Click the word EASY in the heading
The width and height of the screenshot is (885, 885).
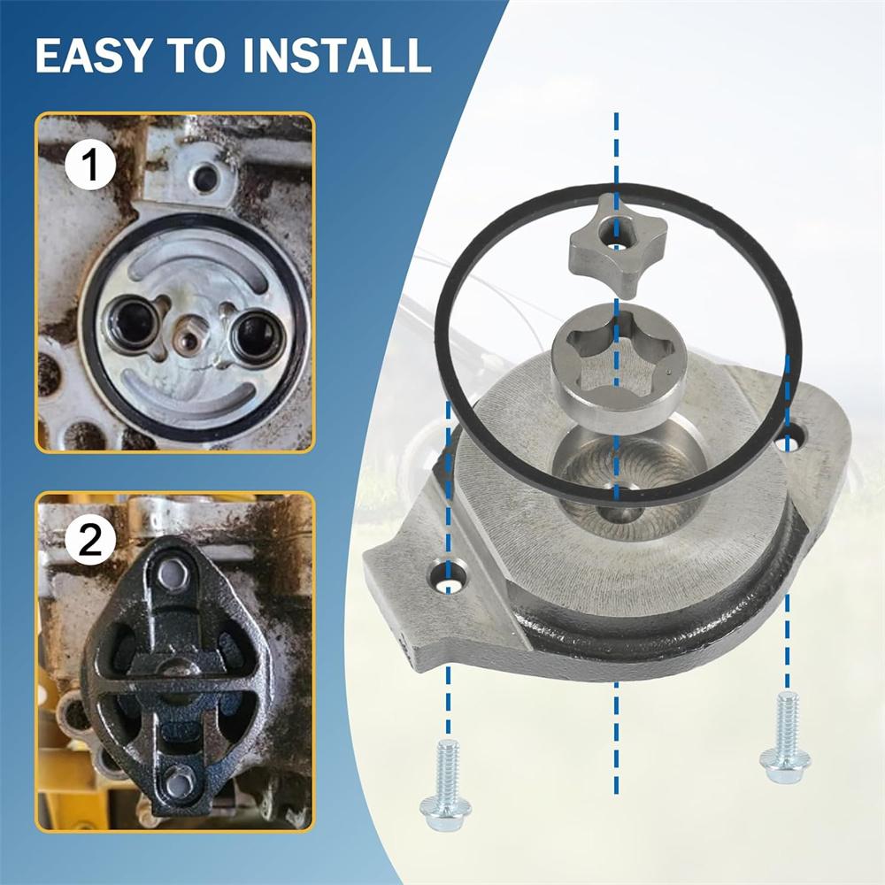[x=94, y=55]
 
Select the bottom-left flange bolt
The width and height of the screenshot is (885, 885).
[x=446, y=785]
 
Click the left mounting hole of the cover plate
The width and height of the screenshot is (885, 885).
[x=449, y=576]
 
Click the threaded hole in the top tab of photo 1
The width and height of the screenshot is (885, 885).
[x=206, y=177]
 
